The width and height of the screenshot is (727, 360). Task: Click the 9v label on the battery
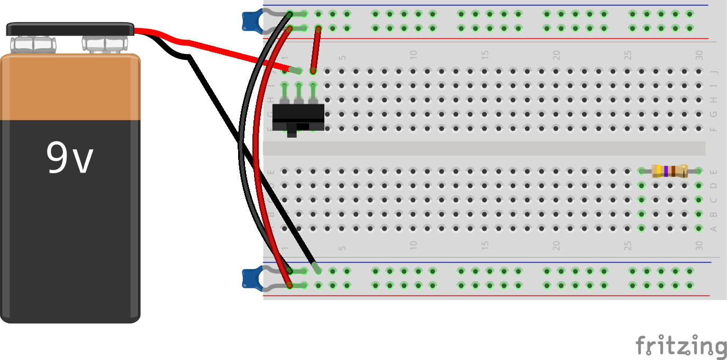69,158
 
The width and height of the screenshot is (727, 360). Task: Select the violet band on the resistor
666,171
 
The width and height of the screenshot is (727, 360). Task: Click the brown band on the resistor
673,171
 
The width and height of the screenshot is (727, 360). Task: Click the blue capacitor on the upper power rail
249,20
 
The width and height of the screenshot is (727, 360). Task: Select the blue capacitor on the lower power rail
249,278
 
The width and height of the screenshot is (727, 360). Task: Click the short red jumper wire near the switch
316,50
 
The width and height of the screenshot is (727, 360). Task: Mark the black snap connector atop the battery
70,29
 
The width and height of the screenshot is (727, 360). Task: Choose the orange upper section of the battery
70,87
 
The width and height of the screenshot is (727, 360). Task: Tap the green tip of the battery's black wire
316,268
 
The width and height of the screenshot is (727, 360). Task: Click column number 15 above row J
485,55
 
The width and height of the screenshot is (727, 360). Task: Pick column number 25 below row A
628,246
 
